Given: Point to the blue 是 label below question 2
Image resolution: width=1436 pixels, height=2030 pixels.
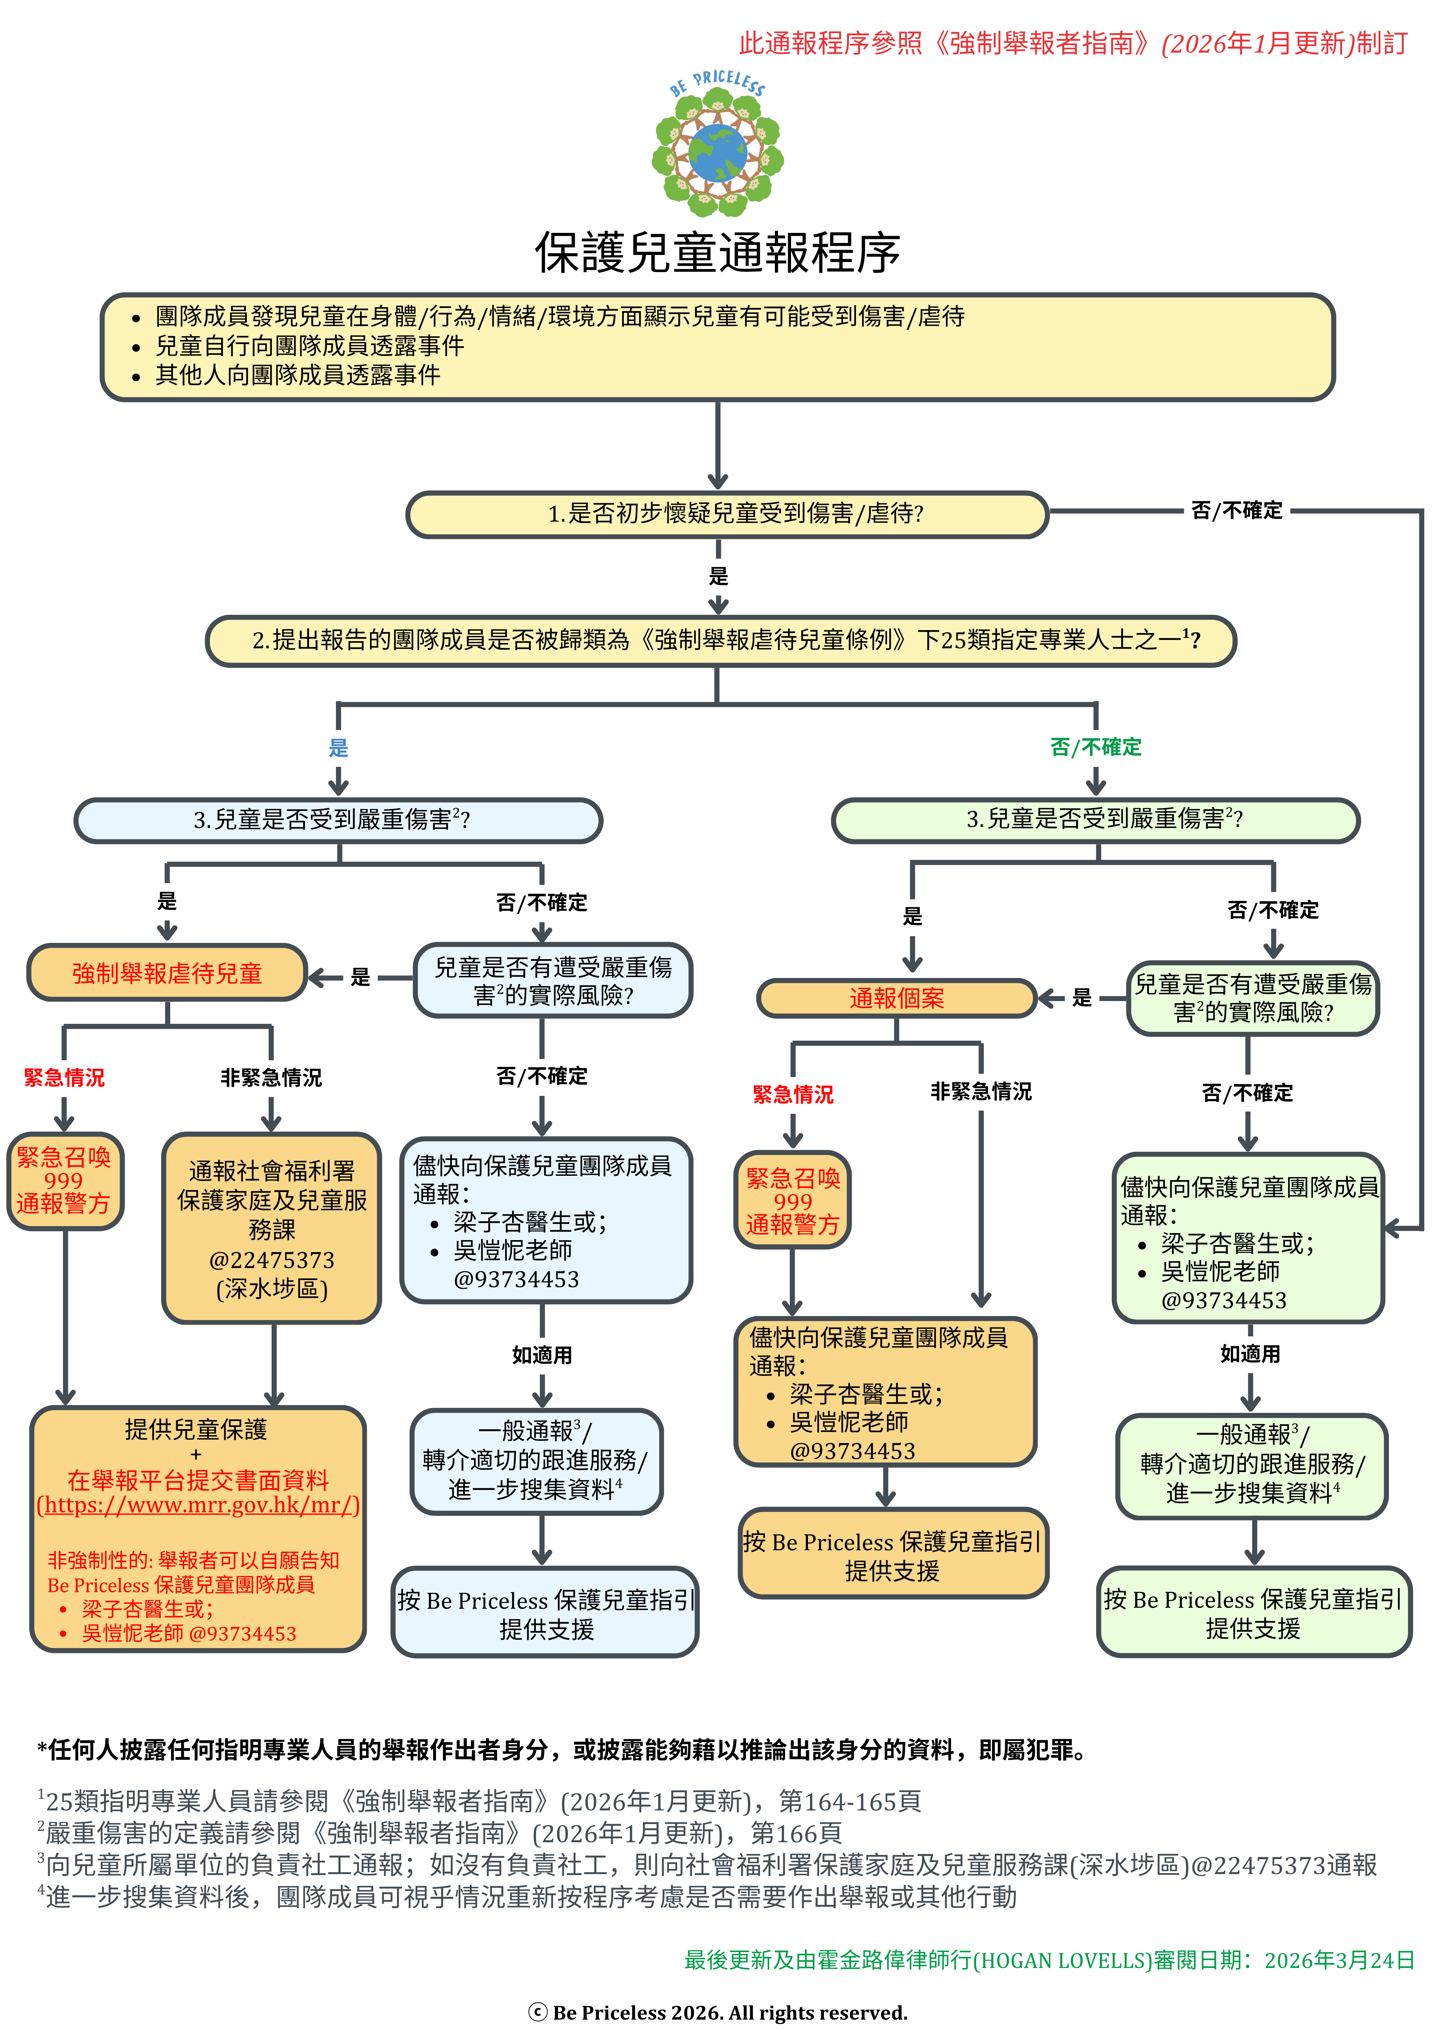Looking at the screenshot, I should tap(339, 748).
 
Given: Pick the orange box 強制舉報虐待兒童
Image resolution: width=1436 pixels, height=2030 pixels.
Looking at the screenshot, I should tap(167, 973).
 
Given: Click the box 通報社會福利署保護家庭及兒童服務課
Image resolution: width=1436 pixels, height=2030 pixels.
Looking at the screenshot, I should tap(272, 1228).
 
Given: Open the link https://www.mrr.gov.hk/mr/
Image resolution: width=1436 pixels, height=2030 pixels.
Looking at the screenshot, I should tap(198, 1505).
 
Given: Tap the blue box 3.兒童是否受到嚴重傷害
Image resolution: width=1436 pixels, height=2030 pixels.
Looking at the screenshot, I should tap(338, 819).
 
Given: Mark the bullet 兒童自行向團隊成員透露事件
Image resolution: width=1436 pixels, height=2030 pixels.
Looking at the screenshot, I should tap(310, 346).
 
